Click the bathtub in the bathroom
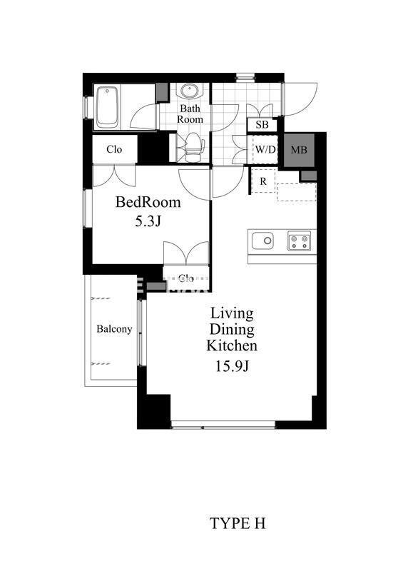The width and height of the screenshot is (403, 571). (108, 108)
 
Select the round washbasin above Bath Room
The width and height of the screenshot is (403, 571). (189, 91)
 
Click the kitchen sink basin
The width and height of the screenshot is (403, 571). (262, 241)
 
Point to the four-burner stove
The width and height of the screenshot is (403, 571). (300, 241)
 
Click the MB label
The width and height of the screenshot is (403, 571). (299, 150)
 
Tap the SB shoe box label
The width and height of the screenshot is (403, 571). (262, 125)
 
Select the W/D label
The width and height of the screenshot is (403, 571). (265, 149)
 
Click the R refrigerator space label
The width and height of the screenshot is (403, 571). (263, 181)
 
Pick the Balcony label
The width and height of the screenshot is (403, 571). (114, 329)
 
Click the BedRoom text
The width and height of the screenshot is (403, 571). (148, 202)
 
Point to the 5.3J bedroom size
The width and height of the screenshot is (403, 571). (148, 222)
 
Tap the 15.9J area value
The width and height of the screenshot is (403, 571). (232, 366)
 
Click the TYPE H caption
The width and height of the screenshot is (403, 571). (238, 524)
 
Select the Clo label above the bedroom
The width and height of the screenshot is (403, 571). (114, 149)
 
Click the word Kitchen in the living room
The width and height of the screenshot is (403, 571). (232, 345)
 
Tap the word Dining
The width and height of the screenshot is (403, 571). (232, 329)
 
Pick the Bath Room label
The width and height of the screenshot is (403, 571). (190, 113)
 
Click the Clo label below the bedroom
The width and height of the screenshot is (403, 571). (186, 279)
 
